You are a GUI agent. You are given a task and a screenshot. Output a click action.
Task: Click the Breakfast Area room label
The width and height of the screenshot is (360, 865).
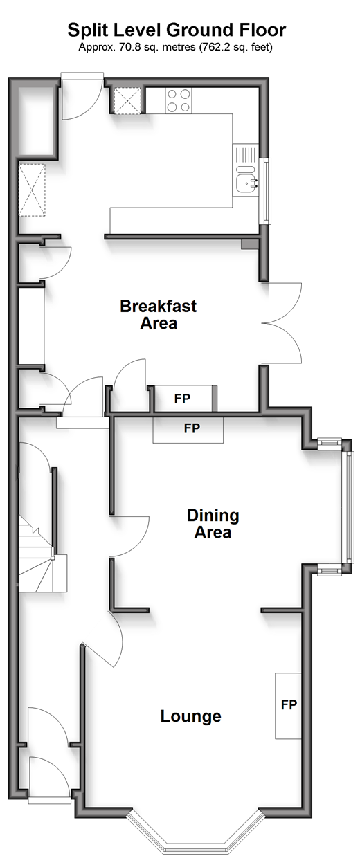159,314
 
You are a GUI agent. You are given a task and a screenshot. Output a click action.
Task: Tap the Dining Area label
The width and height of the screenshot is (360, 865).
213,524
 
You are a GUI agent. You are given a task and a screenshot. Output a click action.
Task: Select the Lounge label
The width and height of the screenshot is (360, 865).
191,716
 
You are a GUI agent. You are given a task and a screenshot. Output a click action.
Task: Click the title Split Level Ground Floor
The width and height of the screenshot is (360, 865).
177,30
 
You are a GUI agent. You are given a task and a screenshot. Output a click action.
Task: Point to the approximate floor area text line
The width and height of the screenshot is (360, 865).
176,47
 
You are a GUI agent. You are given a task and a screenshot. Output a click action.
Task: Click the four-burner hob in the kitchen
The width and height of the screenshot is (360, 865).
179,101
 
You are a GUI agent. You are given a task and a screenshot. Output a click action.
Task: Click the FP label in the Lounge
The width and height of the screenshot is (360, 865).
289,704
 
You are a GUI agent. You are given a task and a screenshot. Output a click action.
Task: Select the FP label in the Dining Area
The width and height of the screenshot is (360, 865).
192,428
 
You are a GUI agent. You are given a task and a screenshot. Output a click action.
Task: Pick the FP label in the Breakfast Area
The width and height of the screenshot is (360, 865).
182,399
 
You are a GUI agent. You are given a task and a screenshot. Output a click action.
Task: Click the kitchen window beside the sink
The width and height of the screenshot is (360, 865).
267,191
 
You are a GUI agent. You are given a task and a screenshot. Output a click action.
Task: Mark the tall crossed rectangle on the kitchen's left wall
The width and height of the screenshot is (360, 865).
32,190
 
